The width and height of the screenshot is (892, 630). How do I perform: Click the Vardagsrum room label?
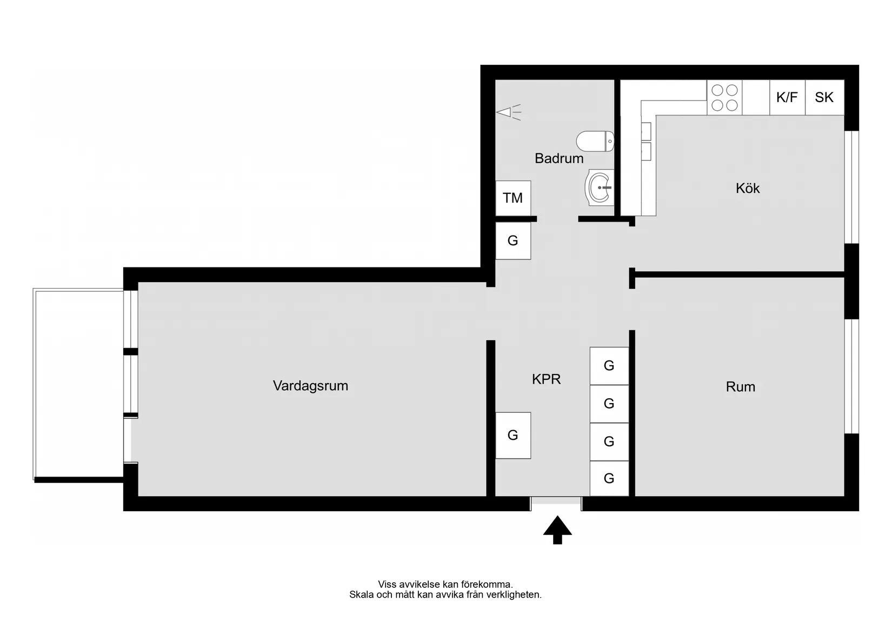[310, 386]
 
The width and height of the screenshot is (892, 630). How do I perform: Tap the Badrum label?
[558, 158]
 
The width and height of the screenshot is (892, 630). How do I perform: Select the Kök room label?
[748, 188]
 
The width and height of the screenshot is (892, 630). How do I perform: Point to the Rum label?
[740, 387]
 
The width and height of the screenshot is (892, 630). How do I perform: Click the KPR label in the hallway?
[546, 379]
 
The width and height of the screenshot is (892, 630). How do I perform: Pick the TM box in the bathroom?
[513, 198]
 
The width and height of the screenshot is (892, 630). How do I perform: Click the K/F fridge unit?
[787, 97]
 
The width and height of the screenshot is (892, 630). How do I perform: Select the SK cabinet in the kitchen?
[824, 97]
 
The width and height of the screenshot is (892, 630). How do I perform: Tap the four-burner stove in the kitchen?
[724, 97]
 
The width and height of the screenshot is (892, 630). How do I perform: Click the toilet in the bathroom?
[595, 141]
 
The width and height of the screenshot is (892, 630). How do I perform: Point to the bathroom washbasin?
[600, 187]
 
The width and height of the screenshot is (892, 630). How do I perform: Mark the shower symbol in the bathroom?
[509, 112]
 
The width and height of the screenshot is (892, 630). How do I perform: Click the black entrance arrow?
[557, 530]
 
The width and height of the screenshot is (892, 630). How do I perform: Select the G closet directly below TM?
[513, 241]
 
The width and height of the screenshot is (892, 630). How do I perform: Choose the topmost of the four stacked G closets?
[609, 366]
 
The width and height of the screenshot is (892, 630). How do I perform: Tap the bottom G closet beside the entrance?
[609, 478]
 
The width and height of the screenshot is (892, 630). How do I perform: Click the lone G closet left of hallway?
[513, 435]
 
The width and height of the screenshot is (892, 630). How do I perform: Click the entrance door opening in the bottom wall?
[556, 504]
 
